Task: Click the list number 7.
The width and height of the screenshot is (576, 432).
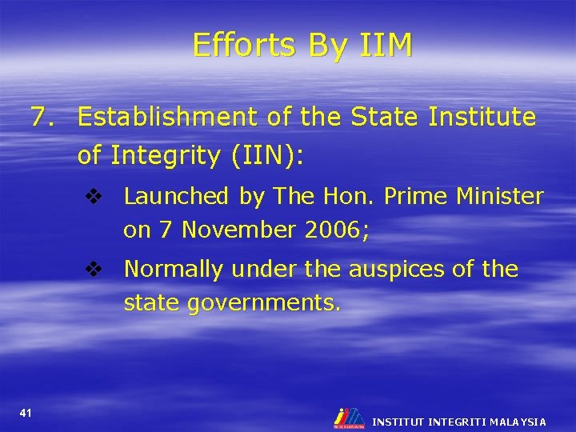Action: click(x=43, y=118)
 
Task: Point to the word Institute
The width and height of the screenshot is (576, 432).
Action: click(x=482, y=118)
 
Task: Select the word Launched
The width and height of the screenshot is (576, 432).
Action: click(x=177, y=196)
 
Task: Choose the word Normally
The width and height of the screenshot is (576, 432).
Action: click(x=174, y=270)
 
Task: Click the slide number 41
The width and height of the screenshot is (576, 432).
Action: click(x=26, y=413)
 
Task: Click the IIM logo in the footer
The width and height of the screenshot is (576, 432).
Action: click(x=349, y=418)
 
